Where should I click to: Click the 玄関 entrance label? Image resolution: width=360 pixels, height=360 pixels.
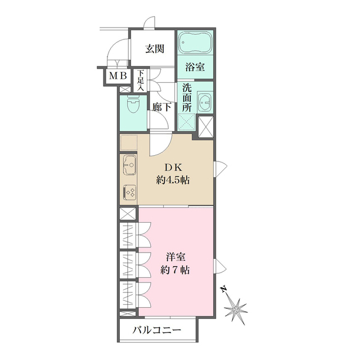(155, 48)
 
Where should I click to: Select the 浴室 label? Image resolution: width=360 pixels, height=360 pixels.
(196, 67)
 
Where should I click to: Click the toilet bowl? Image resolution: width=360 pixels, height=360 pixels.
(133, 106)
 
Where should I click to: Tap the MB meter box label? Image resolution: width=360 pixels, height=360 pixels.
(118, 76)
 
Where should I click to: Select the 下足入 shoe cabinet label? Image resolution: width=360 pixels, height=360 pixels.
(141, 80)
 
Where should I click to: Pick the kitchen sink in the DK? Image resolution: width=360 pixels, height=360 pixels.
(129, 166)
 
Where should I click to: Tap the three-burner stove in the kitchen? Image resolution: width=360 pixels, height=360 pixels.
(129, 193)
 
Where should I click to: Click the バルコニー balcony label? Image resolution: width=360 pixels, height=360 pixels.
(157, 330)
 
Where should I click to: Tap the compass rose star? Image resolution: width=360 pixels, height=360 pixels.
(235, 308)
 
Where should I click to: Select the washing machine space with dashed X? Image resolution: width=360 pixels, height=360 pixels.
(187, 122)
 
